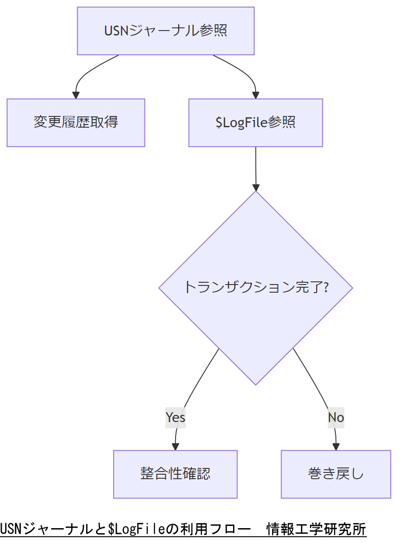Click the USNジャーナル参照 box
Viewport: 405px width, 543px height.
(x=166, y=31)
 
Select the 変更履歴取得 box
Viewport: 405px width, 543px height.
(x=76, y=122)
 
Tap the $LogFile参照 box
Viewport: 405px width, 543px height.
(x=255, y=122)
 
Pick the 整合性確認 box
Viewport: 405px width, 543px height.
(x=175, y=474)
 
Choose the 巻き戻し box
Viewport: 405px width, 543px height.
(x=336, y=474)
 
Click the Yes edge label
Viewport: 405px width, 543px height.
(x=175, y=417)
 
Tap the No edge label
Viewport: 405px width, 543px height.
(x=336, y=418)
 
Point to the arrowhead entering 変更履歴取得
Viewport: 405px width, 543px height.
(x=76, y=95)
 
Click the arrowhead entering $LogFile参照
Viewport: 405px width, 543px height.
(x=255, y=95)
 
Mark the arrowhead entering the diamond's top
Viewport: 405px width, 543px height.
(x=256, y=187)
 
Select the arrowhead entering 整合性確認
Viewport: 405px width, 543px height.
(x=175, y=447)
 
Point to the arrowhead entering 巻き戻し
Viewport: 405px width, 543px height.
(x=336, y=447)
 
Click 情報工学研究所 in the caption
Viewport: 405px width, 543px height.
(x=316, y=529)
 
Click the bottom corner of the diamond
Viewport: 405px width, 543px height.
(x=255, y=383)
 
